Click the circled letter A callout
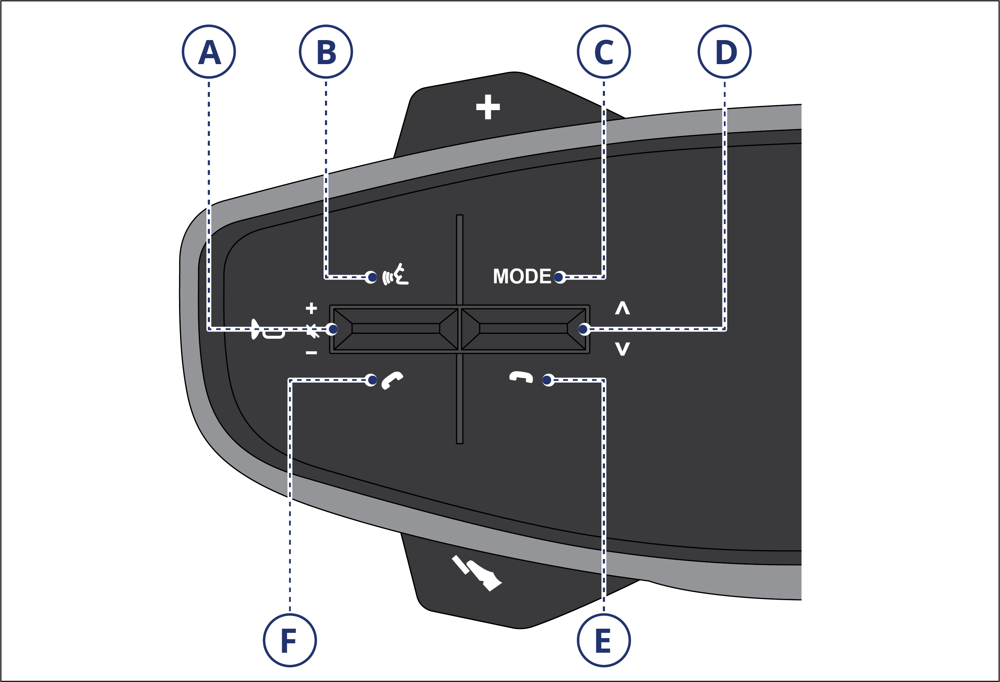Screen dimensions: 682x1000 point(209,52)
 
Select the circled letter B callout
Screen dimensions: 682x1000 point(326,52)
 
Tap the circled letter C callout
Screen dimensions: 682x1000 point(604,52)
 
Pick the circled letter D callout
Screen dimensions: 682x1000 point(725,52)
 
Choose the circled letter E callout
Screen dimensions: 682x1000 point(604,640)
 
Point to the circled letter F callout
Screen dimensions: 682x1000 point(290,640)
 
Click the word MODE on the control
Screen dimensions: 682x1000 point(522,276)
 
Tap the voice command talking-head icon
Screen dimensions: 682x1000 point(395,275)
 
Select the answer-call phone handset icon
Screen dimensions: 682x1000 point(392,380)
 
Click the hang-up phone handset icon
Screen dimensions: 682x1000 point(521,377)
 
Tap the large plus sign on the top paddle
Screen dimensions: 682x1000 point(488,107)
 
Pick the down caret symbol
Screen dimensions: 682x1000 point(622,348)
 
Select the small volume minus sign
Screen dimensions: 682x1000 point(311,353)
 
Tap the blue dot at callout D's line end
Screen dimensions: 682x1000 point(583,329)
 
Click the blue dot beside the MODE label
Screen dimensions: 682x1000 point(559,277)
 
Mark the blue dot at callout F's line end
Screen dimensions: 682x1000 point(372,380)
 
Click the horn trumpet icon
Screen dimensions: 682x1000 point(267,330)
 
